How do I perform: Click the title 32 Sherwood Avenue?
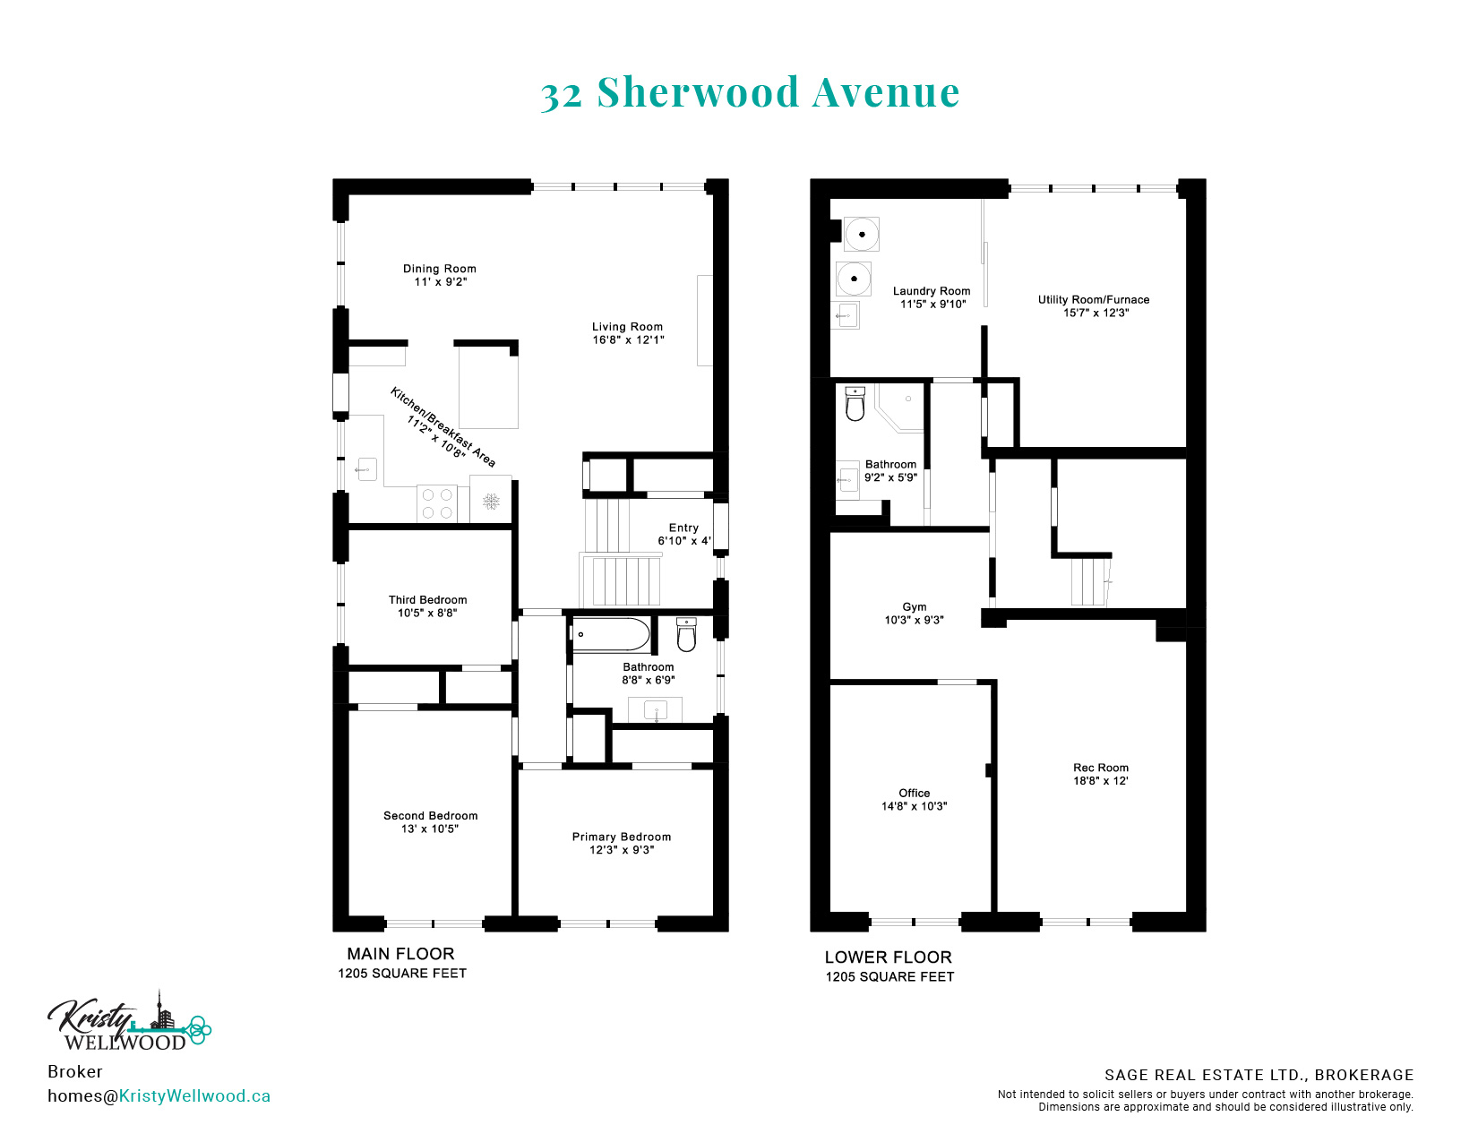(x=750, y=92)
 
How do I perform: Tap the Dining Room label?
(x=440, y=269)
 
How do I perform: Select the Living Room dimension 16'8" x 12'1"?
(x=628, y=339)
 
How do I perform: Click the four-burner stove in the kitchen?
(x=436, y=504)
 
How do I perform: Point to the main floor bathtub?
(x=610, y=635)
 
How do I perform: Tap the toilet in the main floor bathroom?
(x=686, y=635)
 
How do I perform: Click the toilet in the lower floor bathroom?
(x=855, y=403)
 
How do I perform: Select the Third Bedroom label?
(x=428, y=600)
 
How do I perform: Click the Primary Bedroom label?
(x=621, y=837)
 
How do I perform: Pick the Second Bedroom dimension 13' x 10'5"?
(x=430, y=829)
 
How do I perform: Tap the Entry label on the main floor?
(x=683, y=528)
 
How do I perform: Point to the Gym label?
(x=915, y=606)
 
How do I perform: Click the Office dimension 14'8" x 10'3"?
(x=915, y=806)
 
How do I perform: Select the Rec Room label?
(x=1101, y=768)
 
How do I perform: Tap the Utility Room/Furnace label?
(x=1094, y=300)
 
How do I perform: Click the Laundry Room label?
(x=932, y=291)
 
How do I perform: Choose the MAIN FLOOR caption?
(x=400, y=954)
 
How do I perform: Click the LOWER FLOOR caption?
(x=889, y=957)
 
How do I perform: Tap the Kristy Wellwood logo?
(x=129, y=1022)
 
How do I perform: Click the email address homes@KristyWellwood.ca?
(x=159, y=1095)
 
